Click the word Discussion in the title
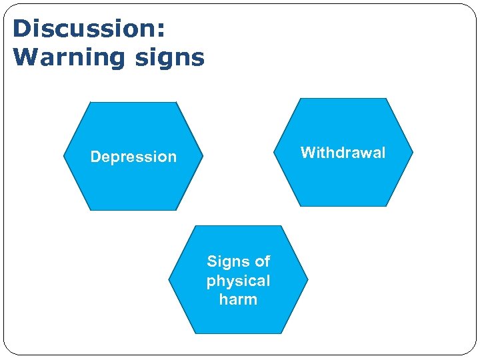(85, 29)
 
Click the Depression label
(133, 157)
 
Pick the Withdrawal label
(343, 153)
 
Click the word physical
(238, 281)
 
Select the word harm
(238, 299)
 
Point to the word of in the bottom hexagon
(261, 261)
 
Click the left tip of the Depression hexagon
(65, 157)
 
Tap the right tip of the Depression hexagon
(202, 157)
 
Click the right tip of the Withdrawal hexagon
(412, 153)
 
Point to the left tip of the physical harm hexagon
(169, 279)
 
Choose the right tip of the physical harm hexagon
(307, 279)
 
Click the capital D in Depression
(95, 157)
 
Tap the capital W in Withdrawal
(307, 153)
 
